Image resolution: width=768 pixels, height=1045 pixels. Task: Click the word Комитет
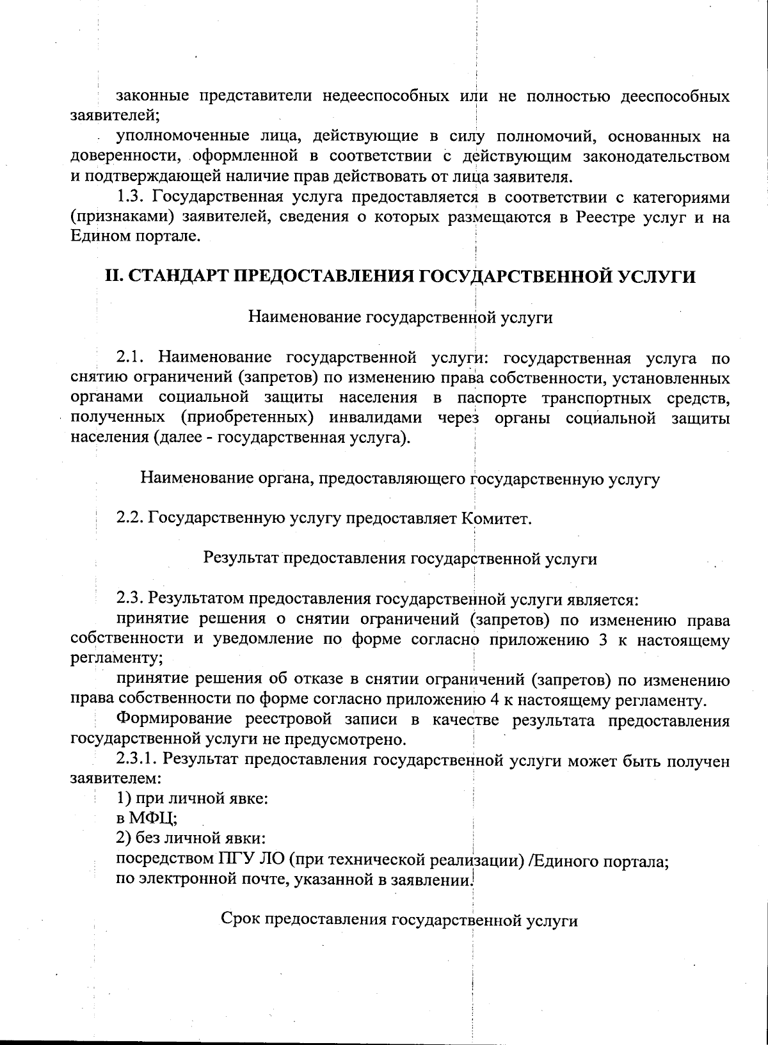coord(495,517)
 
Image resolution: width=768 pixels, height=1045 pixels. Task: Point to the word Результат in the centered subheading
coord(241,558)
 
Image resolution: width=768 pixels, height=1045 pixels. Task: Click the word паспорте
coord(492,398)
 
